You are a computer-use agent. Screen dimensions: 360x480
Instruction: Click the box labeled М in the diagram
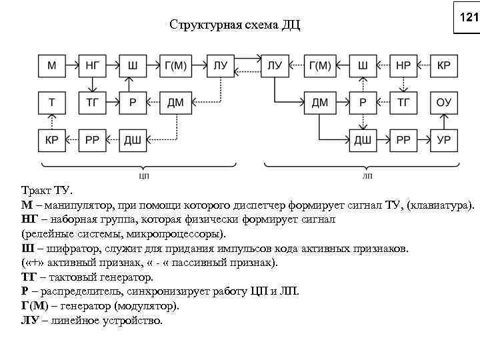point(52,65)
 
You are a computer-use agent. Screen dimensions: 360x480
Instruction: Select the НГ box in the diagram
point(93,65)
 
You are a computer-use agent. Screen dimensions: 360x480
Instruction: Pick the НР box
point(403,65)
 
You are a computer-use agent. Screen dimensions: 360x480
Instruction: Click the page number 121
point(469,18)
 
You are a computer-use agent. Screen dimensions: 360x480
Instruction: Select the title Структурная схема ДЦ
point(235,26)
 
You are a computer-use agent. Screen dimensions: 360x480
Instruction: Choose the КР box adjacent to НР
point(443,65)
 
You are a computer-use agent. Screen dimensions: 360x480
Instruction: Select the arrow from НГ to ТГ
point(93,83)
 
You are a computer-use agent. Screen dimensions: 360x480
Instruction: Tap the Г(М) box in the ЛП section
point(319,65)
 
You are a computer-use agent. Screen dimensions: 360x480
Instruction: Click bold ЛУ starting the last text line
point(30,321)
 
